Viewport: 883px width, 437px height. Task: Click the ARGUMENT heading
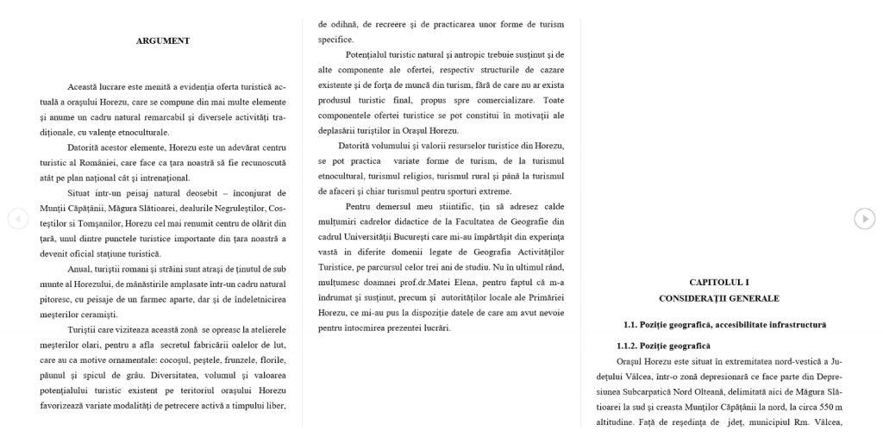pos(163,41)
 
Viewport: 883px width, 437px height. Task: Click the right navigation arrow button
pos(865,219)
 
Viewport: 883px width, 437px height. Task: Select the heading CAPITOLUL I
pos(718,282)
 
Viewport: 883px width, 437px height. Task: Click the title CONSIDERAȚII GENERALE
pos(718,298)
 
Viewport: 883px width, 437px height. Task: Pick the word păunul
pos(55,375)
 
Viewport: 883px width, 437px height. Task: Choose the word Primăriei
pos(542,297)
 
